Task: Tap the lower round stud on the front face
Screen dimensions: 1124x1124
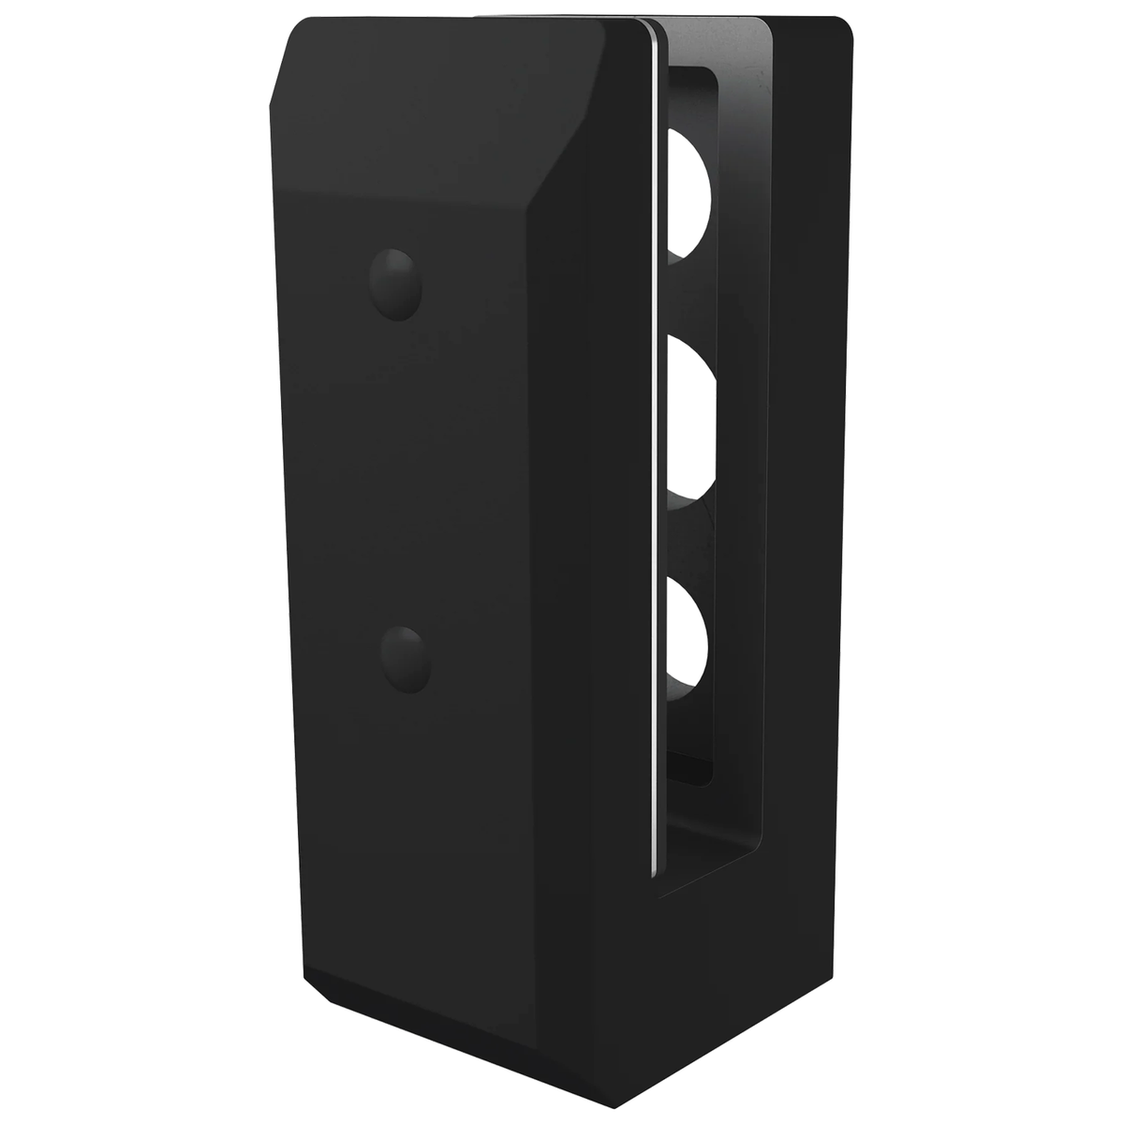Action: point(407,659)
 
